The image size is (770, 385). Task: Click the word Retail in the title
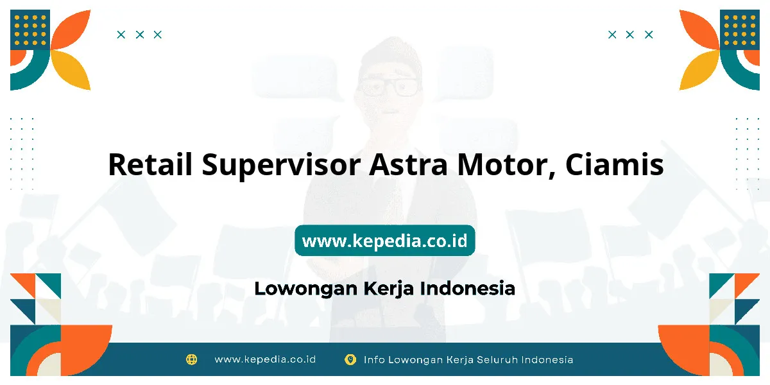(150, 164)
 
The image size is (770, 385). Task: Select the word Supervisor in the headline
(281, 166)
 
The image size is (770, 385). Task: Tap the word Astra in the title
(408, 165)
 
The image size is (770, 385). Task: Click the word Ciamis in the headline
(614, 164)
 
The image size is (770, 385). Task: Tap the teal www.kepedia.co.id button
(384, 240)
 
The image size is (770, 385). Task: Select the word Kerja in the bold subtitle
(389, 289)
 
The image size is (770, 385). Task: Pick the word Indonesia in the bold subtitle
(468, 288)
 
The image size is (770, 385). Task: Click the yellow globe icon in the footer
(191, 359)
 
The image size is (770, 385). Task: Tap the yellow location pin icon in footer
(350, 359)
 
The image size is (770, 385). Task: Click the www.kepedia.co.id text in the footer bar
(265, 359)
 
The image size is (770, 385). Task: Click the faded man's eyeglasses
(389, 87)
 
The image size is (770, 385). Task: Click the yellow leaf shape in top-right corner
(699, 70)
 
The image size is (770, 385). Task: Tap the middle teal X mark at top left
(140, 35)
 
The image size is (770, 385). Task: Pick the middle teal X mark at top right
(629, 35)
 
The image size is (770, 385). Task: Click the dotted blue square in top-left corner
(30, 30)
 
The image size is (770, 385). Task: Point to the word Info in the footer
(374, 360)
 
